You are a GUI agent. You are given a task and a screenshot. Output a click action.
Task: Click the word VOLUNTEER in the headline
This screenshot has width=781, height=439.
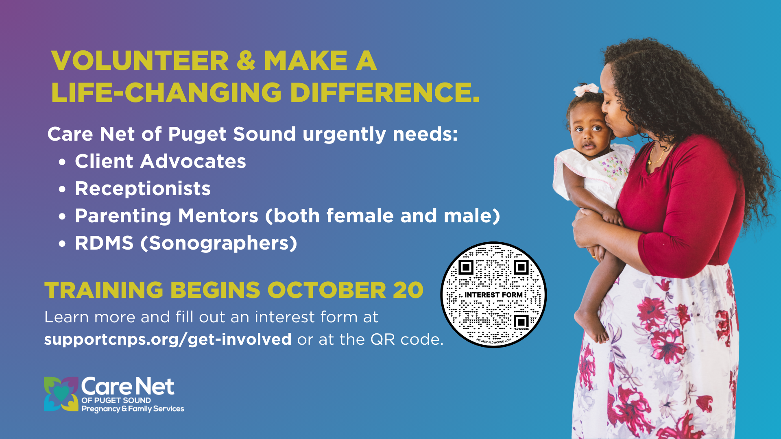coord(140,61)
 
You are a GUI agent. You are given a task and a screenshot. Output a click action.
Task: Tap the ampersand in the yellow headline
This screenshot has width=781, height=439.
coord(246,61)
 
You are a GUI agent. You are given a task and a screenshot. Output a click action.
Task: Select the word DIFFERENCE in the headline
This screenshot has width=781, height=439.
coord(385,92)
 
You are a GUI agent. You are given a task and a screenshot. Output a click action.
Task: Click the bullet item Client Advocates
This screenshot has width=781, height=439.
coord(160,161)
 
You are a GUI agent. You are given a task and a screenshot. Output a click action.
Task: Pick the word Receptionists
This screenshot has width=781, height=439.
coord(143,189)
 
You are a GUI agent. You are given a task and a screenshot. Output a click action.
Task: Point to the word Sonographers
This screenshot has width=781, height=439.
coord(219,243)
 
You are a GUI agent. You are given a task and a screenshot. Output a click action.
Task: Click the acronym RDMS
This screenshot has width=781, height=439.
coord(104,243)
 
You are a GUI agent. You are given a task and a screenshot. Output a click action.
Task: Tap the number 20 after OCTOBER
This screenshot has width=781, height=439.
coord(408,290)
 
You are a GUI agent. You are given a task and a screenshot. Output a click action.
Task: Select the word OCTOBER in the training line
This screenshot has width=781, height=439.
coord(327,290)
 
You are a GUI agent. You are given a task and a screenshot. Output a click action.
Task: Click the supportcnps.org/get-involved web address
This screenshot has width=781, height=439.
coord(168,339)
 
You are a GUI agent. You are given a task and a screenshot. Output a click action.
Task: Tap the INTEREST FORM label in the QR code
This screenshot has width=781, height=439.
coord(493,295)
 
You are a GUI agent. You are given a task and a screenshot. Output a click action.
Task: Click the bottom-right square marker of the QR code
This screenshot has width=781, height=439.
coord(521,322)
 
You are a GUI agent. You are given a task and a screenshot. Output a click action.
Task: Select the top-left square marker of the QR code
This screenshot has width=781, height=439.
coord(466,267)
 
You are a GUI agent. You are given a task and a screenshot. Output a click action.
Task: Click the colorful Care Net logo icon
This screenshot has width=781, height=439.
coord(61,394)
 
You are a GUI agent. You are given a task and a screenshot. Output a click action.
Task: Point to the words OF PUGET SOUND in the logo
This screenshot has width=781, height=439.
coord(116,400)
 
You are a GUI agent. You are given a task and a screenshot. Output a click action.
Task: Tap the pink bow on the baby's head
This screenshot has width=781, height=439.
coord(586,89)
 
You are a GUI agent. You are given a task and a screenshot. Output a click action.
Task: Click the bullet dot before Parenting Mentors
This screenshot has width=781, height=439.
coord(62,217)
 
